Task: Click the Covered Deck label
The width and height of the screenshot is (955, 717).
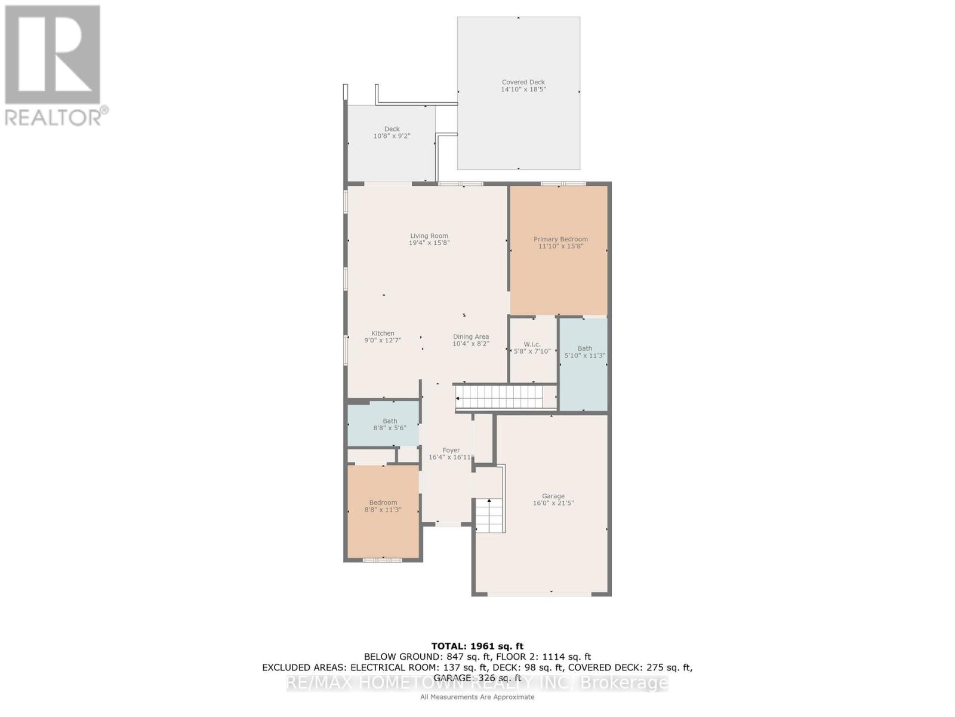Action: tap(523, 85)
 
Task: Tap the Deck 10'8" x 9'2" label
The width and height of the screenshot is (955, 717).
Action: tap(392, 132)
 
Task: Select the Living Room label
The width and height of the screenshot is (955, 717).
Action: tap(429, 239)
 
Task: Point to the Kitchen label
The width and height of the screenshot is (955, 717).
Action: tap(383, 336)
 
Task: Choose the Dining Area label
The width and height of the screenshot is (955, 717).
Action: tap(470, 340)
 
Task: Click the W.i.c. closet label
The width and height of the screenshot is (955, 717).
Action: tap(532, 348)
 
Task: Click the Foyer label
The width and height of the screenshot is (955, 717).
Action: tap(451, 454)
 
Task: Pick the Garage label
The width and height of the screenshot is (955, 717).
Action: tap(553, 500)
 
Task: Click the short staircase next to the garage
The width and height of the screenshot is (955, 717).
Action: tap(489, 515)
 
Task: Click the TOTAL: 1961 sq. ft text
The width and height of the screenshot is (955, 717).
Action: tap(477, 646)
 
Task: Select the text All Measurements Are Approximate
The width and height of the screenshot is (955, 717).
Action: tap(477, 697)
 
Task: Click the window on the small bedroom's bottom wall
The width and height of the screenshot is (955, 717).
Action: tap(383, 560)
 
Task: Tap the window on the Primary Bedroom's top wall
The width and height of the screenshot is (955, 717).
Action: tap(563, 183)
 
